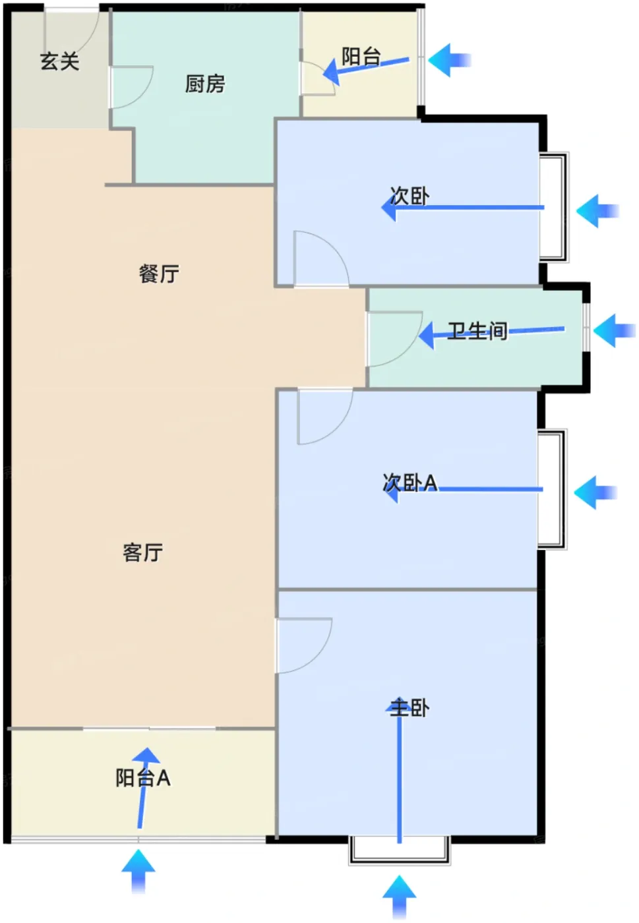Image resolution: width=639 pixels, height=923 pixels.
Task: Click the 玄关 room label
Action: point(60,61)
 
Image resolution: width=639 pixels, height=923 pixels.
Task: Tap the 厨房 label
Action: point(205,84)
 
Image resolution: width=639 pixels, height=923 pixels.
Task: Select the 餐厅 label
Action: point(159,274)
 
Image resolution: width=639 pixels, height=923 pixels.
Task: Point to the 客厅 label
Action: point(142,552)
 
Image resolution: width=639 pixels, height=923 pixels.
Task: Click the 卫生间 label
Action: point(477,331)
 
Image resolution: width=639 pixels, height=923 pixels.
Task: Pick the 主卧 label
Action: point(410,708)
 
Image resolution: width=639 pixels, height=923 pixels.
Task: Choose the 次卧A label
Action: point(410,483)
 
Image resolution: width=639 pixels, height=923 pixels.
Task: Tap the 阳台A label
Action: point(142,778)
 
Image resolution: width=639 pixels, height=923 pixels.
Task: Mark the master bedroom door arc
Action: point(317,657)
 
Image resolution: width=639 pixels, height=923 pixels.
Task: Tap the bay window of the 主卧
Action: point(399,850)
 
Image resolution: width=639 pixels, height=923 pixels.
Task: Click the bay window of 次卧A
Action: point(553,489)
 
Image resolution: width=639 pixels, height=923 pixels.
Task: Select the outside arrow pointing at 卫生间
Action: point(614,330)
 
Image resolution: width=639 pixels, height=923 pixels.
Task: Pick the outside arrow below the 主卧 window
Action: point(399,897)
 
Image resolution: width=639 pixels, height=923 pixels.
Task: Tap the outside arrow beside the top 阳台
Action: point(449,60)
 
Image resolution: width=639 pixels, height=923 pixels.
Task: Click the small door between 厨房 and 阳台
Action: point(317,78)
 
